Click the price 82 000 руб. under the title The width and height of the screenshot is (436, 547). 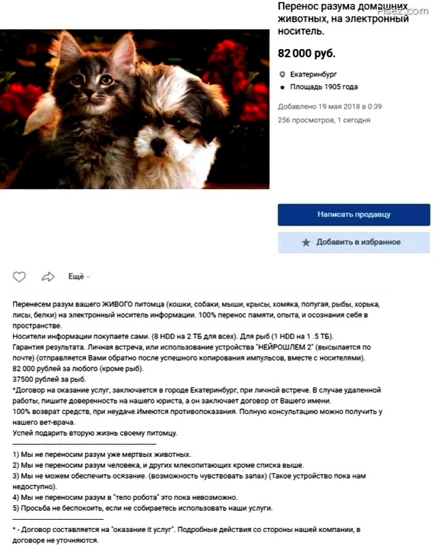coord(307,53)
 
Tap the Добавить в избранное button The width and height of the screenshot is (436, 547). coord(354,242)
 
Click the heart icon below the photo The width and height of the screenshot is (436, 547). coord(20,277)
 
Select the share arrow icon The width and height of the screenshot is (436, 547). coord(48,277)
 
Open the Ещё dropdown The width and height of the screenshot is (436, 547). coord(79,276)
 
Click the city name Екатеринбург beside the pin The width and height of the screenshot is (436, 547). coord(313,74)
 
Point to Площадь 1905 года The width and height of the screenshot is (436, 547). coord(324,87)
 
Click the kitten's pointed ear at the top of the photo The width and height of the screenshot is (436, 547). coord(123,48)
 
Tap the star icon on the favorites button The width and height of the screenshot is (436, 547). coord(306,243)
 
